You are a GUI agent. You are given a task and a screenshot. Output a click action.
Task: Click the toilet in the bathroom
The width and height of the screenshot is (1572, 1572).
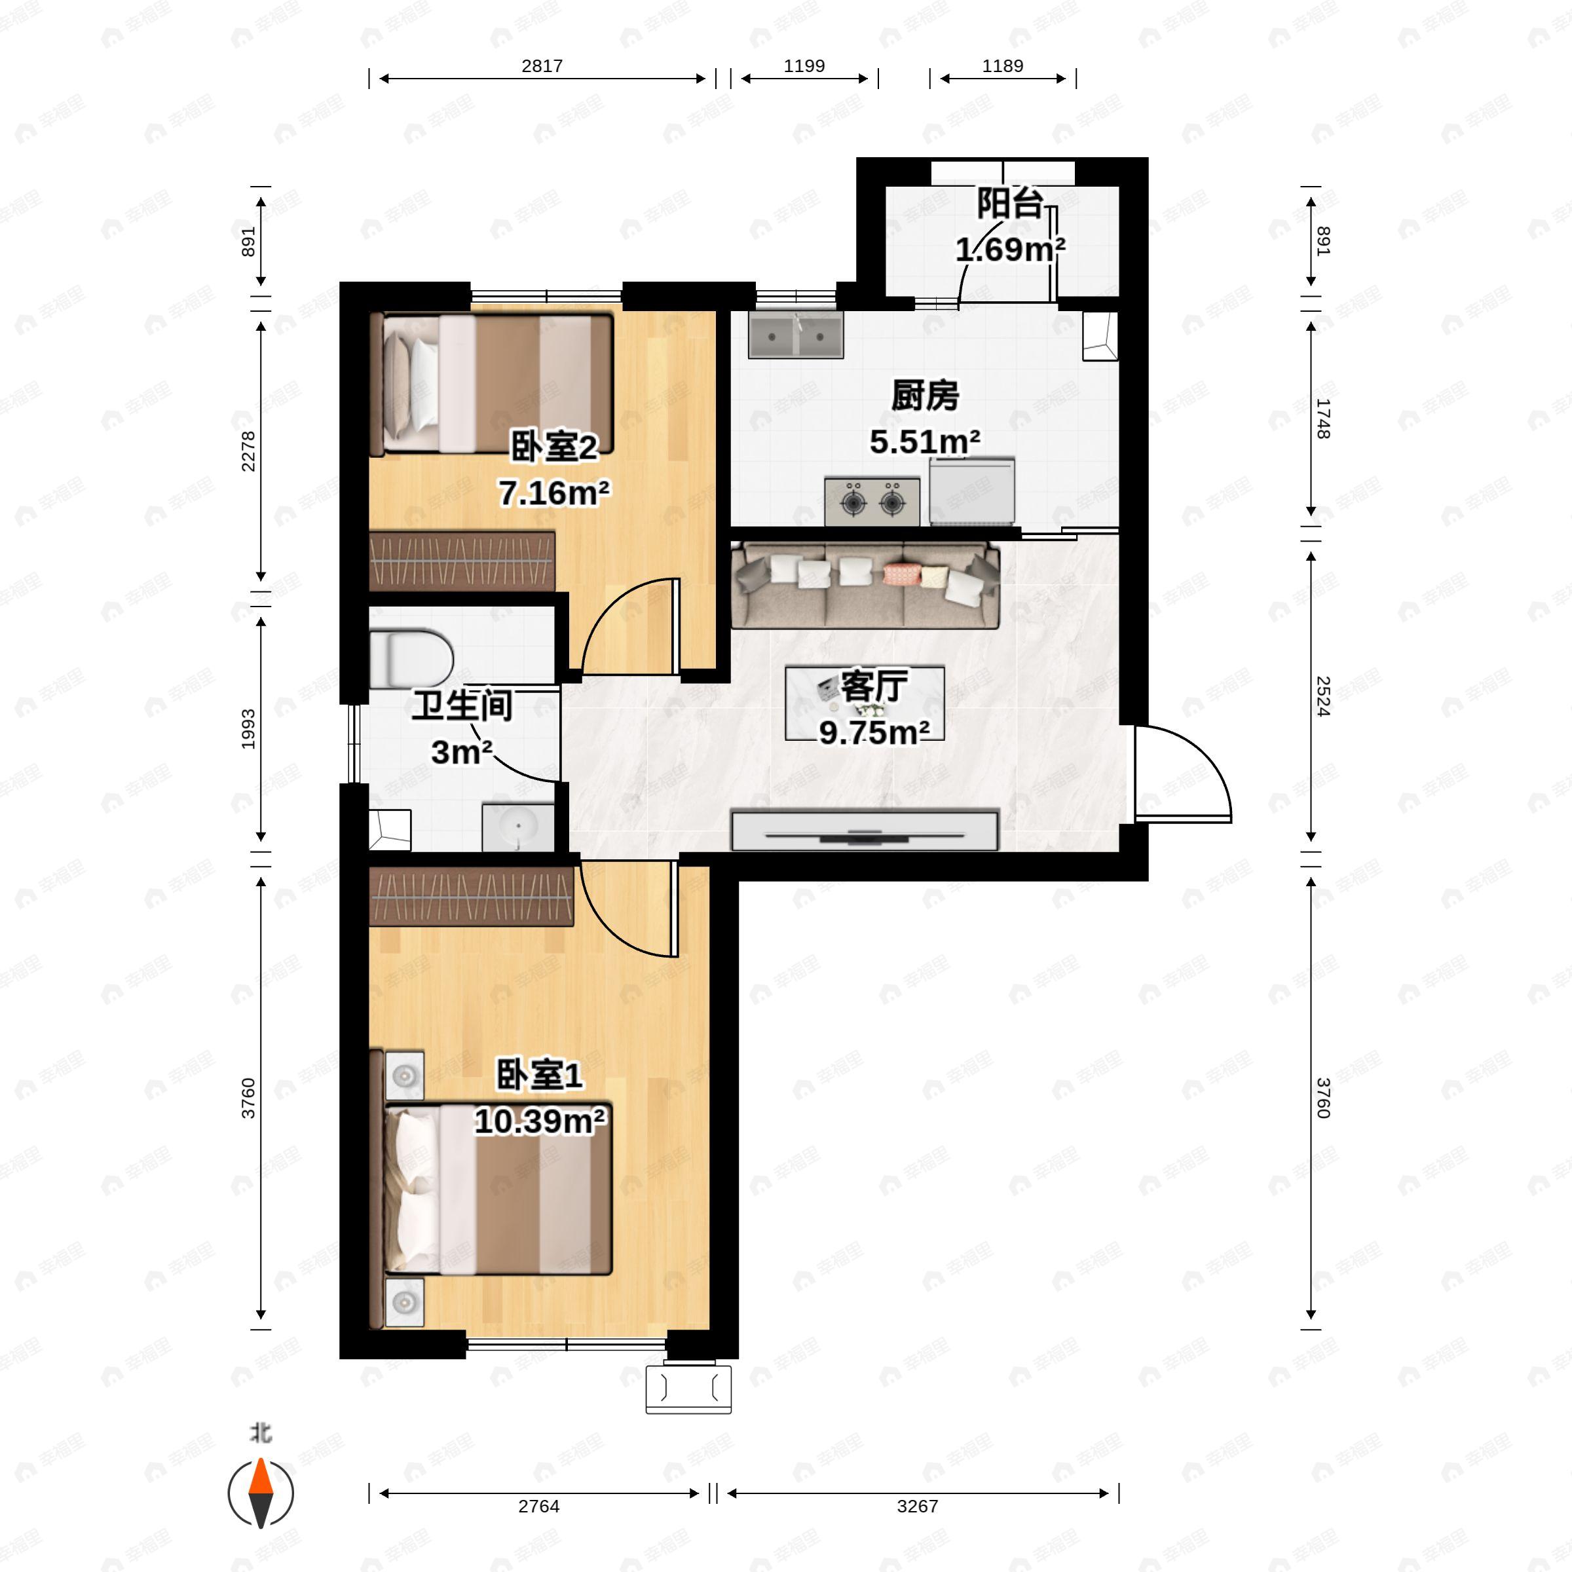click(x=410, y=658)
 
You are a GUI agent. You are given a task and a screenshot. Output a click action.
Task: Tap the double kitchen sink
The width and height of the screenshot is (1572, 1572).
click(x=796, y=337)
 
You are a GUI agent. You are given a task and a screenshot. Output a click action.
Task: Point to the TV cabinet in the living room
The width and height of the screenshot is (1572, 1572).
click(x=865, y=830)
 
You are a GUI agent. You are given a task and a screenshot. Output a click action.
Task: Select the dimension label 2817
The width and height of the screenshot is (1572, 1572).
click(x=542, y=66)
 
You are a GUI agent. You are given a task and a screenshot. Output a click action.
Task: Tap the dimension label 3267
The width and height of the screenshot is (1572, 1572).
click(x=917, y=1506)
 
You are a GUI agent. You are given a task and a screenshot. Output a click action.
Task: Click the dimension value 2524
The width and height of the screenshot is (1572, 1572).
click(x=1323, y=696)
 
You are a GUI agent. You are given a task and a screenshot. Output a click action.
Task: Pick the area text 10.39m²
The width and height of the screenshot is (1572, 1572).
click(x=540, y=1121)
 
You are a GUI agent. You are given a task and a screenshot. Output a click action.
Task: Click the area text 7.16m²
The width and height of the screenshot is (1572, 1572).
click(x=554, y=493)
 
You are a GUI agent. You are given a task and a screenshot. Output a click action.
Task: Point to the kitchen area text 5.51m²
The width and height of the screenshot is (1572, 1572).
click(x=924, y=442)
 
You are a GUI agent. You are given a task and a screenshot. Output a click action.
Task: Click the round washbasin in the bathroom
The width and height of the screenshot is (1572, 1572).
click(x=518, y=827)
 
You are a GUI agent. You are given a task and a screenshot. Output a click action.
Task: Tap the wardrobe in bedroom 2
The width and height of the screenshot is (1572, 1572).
click(x=462, y=561)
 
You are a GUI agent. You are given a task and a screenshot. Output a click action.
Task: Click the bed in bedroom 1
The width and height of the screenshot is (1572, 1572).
click(x=497, y=1189)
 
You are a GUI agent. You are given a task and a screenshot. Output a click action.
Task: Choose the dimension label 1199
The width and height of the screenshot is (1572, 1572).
click(x=804, y=66)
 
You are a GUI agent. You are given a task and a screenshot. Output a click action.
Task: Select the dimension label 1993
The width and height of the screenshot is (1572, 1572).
click(x=248, y=729)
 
